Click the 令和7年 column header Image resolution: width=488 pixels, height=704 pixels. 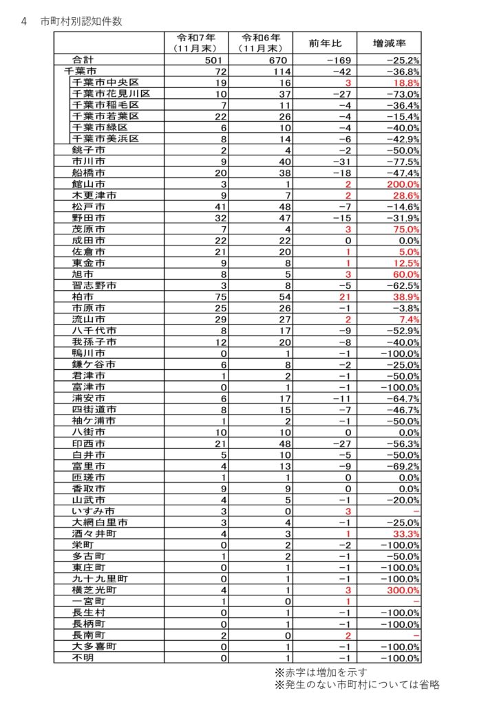click(x=197, y=43)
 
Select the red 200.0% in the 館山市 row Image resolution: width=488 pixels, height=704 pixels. click(x=404, y=184)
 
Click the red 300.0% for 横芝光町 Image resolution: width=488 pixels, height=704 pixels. click(x=404, y=590)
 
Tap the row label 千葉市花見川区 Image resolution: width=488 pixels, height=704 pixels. click(x=111, y=93)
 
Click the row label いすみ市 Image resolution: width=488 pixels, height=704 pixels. click(x=93, y=511)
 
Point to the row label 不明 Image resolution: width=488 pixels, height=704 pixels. click(x=83, y=657)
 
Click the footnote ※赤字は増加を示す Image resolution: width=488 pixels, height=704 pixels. click(x=321, y=672)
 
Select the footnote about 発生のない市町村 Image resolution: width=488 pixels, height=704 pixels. click(x=357, y=685)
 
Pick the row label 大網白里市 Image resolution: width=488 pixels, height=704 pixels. click(x=99, y=522)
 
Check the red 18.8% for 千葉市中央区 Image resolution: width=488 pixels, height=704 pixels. click(x=406, y=82)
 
